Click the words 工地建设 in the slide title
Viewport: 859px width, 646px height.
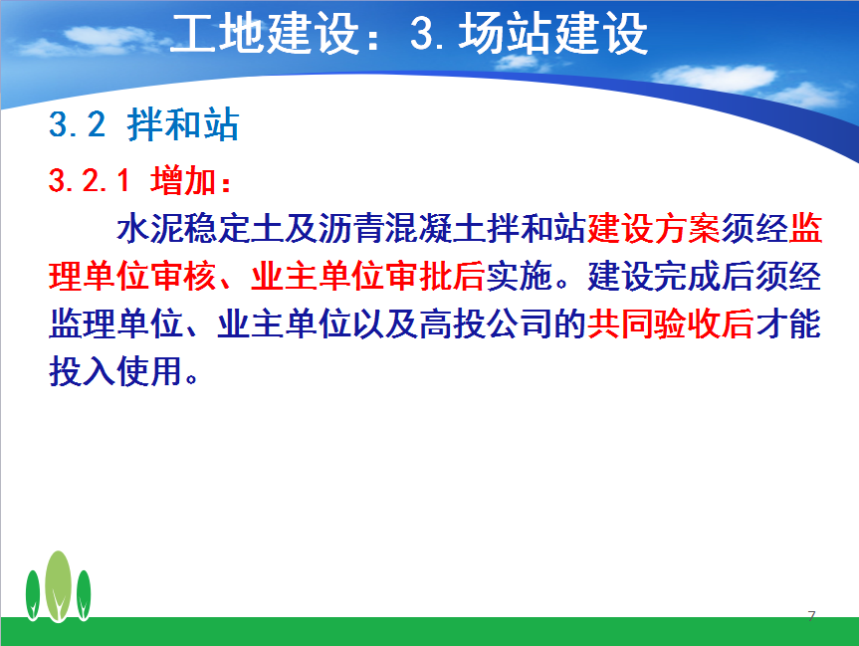pyautogui.click(x=265, y=34)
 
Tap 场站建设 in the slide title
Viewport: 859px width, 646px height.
pyautogui.click(x=553, y=34)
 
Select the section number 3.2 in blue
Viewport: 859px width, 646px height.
pyautogui.click(x=78, y=124)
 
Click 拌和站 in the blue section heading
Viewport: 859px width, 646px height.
pyautogui.click(x=183, y=124)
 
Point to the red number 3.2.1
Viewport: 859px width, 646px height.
pyautogui.click(x=90, y=180)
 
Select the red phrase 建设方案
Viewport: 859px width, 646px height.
pyautogui.click(x=654, y=228)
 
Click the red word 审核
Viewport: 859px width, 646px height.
pyautogui.click(x=184, y=276)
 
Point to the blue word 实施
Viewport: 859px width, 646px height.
pyautogui.click(x=520, y=276)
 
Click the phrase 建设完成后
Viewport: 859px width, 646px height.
pyautogui.click(x=671, y=276)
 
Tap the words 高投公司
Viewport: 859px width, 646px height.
pyautogui.click(x=486, y=323)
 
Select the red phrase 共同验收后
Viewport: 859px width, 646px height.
pyautogui.click(x=671, y=323)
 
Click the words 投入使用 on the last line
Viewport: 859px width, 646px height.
pyautogui.click(x=115, y=371)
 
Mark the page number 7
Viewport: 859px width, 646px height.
pyautogui.click(x=812, y=616)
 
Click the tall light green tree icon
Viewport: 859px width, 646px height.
pyautogui.click(x=58, y=586)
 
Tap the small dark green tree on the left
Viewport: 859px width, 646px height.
pyautogui.click(x=33, y=595)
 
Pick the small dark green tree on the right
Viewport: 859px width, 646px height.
pyautogui.click(x=84, y=595)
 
